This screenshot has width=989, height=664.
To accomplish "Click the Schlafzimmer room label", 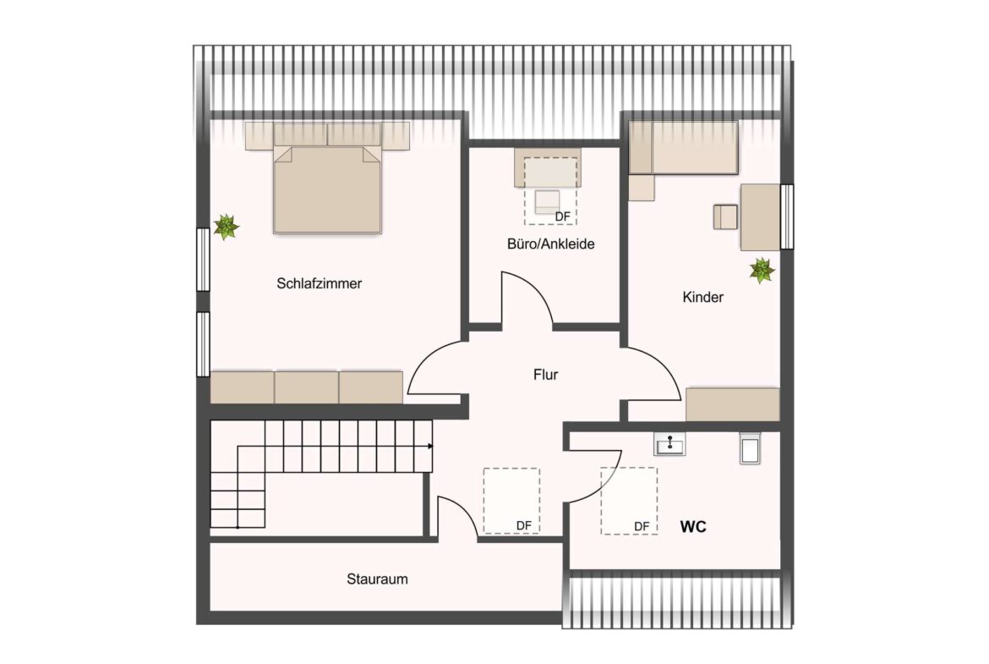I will (x=319, y=284).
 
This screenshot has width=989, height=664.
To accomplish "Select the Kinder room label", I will (x=702, y=298).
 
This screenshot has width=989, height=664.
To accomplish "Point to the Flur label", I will (x=545, y=375).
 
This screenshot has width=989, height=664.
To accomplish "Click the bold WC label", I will (x=693, y=527).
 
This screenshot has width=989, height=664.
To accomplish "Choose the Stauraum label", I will (x=377, y=579).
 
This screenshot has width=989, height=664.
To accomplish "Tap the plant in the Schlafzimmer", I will (x=226, y=227).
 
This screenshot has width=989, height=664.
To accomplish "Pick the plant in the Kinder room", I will (x=762, y=271).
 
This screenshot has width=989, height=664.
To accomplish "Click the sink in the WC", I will (x=669, y=443).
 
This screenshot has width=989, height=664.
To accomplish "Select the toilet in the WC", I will (x=751, y=447).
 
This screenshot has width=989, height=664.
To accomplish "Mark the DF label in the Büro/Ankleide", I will (x=562, y=217).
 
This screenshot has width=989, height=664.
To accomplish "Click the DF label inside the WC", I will (x=642, y=526).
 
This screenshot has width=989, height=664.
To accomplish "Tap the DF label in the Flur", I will (x=524, y=526).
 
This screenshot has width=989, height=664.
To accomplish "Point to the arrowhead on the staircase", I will (x=430, y=446).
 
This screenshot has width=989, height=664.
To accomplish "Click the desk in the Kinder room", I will (x=760, y=217).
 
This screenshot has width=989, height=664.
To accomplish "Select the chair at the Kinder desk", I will (x=725, y=217).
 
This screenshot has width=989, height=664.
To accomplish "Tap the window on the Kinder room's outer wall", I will (x=787, y=217).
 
